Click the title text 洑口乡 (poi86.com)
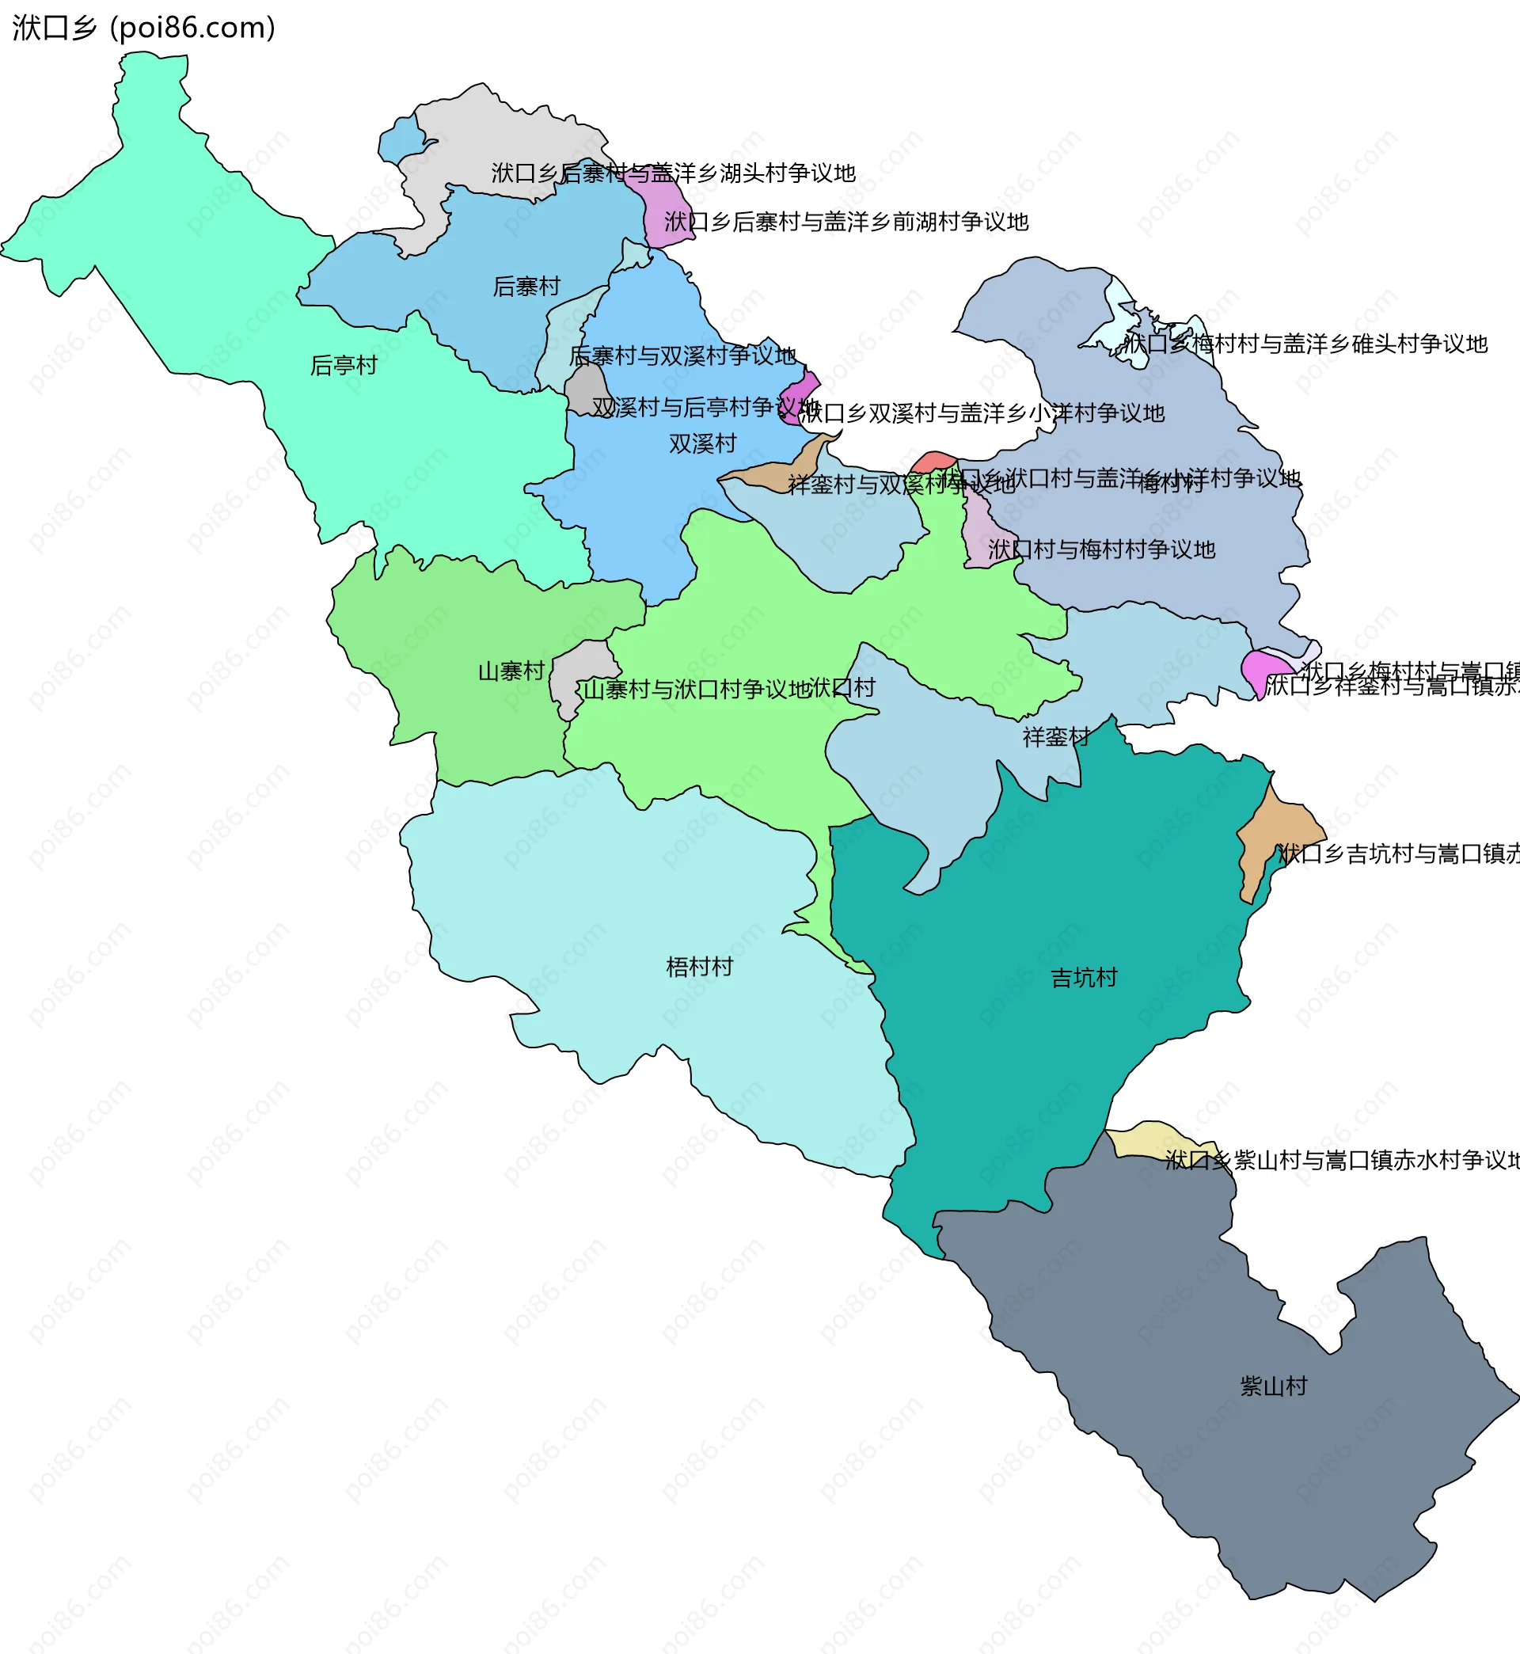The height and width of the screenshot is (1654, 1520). point(144,28)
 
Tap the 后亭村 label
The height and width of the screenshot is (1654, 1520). point(343,365)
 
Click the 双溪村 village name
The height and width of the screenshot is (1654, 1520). point(701,444)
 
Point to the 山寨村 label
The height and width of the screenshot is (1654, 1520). point(511,672)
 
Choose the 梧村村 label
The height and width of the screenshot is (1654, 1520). point(698,968)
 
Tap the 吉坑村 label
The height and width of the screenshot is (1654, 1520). point(1083,978)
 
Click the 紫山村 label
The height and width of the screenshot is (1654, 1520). point(1272,1386)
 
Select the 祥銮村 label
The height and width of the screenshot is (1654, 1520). point(1055,737)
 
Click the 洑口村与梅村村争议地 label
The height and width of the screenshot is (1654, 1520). point(1100,549)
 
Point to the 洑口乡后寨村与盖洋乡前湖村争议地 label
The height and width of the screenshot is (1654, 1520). point(845,222)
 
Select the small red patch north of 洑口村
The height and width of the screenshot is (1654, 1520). point(933,462)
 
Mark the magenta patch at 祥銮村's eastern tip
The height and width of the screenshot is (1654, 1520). point(1262,670)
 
